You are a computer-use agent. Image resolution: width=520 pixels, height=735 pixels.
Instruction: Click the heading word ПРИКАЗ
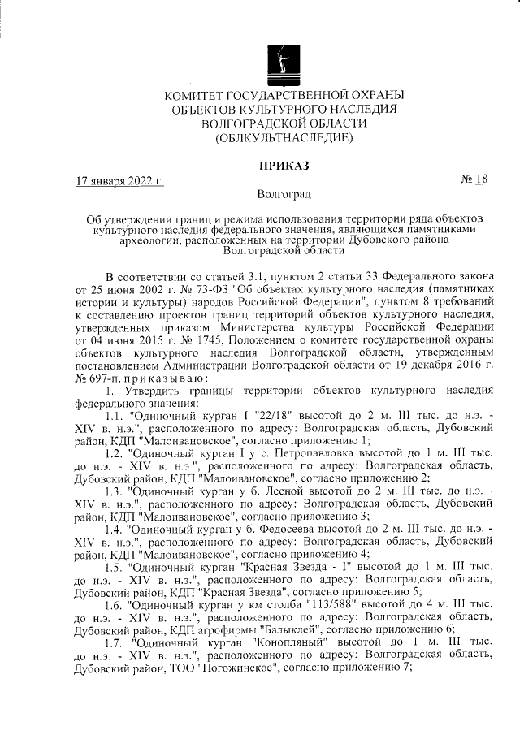284,166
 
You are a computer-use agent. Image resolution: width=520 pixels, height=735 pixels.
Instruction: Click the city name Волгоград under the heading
284,194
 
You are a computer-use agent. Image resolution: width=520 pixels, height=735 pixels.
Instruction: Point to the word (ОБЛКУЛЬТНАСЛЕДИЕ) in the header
284,138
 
